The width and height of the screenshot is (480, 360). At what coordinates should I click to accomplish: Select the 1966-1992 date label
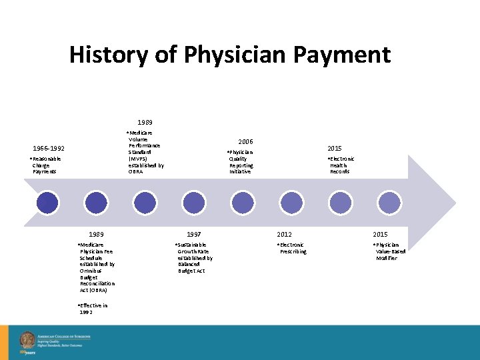(49, 148)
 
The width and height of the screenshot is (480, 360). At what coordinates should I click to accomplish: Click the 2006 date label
(245, 141)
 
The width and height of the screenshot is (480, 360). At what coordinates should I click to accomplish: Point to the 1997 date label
(194, 235)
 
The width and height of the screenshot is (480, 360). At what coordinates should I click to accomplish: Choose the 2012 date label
(285, 235)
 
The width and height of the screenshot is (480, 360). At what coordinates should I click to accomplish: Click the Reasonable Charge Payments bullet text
(46, 165)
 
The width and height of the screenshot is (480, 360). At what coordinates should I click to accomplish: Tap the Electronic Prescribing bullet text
(292, 248)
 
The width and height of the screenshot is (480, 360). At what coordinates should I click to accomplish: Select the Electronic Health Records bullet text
(341, 165)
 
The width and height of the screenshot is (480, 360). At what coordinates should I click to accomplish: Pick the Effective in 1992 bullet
(93, 309)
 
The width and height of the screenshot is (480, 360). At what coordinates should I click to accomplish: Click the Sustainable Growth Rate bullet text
(194, 258)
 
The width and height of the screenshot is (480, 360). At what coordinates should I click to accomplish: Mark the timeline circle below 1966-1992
(47, 202)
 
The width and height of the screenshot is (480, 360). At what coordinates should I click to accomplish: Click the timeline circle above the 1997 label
(194, 202)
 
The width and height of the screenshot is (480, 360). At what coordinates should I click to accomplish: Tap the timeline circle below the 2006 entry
(243, 202)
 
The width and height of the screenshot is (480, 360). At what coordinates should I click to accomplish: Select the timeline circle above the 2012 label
(291, 202)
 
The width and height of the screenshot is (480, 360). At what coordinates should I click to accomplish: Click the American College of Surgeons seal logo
(27, 339)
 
